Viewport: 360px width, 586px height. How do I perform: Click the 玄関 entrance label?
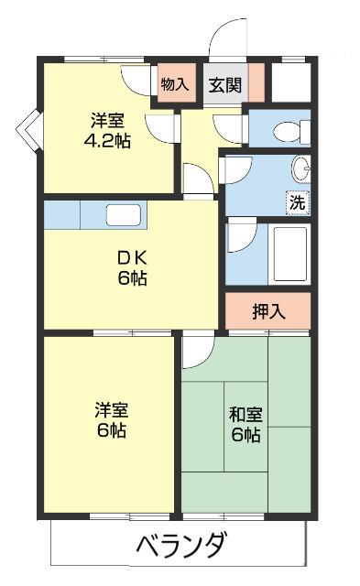(224, 85)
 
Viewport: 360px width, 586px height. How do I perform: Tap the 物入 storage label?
(174, 85)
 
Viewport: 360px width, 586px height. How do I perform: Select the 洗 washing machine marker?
(298, 203)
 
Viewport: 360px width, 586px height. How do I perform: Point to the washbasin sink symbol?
(300, 168)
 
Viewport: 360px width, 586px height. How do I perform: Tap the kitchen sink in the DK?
(123, 215)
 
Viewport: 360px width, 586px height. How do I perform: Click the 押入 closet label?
(268, 310)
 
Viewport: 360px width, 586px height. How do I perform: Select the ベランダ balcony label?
(181, 547)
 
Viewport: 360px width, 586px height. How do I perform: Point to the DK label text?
(125, 256)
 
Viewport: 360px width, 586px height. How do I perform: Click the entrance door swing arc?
(224, 41)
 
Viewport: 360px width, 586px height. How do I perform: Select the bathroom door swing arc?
(240, 234)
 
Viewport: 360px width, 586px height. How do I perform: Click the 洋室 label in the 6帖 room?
(108, 408)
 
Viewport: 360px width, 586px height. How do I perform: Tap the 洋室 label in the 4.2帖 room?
(108, 120)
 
